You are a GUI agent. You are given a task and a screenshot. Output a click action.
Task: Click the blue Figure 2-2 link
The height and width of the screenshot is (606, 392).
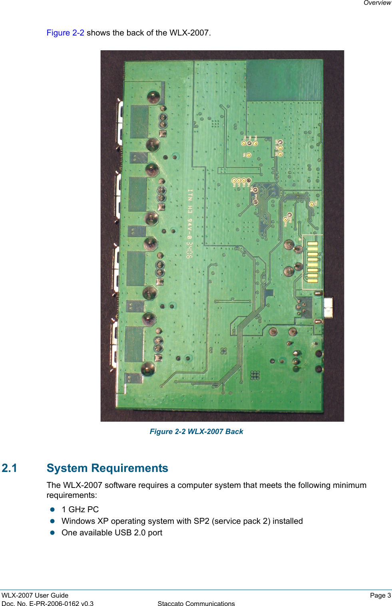tap(65, 33)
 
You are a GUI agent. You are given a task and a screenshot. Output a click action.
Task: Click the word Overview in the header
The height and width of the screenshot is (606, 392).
tap(377, 3)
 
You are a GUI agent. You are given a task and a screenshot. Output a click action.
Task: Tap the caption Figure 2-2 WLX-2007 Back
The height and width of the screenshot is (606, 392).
tap(196, 431)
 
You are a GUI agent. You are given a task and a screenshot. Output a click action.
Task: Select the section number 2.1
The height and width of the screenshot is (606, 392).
tap(10, 468)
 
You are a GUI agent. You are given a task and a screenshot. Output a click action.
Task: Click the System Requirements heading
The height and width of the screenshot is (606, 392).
tap(107, 468)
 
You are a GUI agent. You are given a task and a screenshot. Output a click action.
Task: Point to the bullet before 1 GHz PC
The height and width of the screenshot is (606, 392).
tap(52, 509)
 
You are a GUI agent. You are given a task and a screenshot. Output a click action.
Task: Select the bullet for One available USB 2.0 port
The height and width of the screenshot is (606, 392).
tap(52, 533)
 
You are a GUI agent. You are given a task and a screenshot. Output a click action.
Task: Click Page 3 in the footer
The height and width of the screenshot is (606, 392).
tap(380, 595)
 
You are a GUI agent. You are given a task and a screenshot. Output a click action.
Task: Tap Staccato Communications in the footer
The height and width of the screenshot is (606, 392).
tap(196, 604)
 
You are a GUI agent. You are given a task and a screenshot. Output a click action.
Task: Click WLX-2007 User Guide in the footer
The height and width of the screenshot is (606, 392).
tap(35, 595)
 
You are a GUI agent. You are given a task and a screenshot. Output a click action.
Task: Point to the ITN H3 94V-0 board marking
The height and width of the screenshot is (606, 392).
tap(190, 223)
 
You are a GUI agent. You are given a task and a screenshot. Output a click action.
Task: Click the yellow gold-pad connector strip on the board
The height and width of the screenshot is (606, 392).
tap(312, 262)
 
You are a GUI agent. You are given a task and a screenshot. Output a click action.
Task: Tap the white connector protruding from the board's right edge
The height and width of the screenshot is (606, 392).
tap(328, 307)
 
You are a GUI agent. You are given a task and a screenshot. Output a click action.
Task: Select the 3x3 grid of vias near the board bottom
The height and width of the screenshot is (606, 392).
tap(255, 375)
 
